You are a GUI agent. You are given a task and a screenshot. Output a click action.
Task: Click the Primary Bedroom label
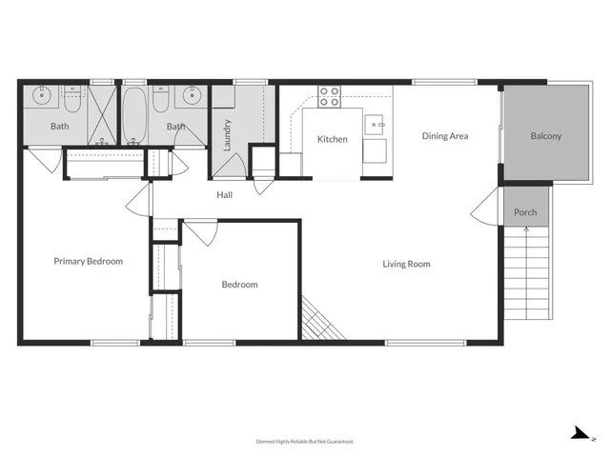coord(88,261)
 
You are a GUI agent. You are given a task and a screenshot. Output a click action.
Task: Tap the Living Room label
coord(407,264)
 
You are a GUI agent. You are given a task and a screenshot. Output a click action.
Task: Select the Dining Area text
coord(445,136)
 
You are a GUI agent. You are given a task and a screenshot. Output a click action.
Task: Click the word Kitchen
coord(333,140)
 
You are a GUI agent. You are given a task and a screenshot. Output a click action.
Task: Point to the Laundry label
coord(228,133)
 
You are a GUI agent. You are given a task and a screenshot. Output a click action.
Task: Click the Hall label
coord(225,194)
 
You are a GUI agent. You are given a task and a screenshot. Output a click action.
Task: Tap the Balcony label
coord(546,136)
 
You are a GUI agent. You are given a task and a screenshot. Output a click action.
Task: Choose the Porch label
coord(525,212)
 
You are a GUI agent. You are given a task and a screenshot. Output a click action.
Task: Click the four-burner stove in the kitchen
coord(329,95)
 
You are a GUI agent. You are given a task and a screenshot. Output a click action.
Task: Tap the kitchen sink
coord(376,122)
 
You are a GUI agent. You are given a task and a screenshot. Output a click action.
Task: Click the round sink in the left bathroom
coord(41,94)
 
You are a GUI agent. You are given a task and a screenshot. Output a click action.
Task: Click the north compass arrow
coord(578,433)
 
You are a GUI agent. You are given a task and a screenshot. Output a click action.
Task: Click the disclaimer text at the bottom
coord(305,441)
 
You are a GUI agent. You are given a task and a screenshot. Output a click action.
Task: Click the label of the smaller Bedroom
coord(239,285)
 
